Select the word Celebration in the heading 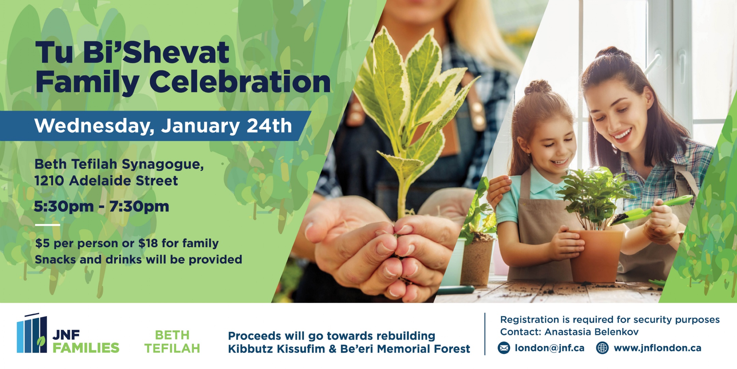pos(240,82)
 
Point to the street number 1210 pos(49,181)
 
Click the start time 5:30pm pos(64,206)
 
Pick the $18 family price pos(148,243)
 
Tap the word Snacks pos(55,260)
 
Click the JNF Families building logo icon pos(32,333)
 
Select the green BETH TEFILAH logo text pos(172,342)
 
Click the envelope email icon pos(504,348)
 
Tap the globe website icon pos(602,348)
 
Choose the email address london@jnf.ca pos(549,348)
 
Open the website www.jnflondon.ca pos(657,348)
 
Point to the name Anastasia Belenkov pos(591,332)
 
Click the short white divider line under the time pos(47,225)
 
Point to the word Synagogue pos(162,165)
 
